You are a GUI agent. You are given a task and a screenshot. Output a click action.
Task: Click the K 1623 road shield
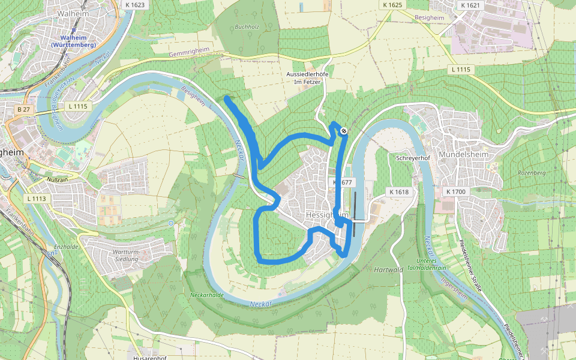click(x=136, y=4)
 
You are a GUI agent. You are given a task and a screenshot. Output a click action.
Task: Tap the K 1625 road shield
click(x=392, y=5)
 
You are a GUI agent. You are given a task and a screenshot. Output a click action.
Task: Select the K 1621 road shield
click(x=470, y=5)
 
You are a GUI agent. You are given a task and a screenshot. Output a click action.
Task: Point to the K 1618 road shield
click(x=398, y=192)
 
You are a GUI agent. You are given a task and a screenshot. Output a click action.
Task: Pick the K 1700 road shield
click(x=456, y=191)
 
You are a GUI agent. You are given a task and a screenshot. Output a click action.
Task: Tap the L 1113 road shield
click(x=36, y=198)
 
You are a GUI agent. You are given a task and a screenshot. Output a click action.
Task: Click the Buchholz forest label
click(x=246, y=27)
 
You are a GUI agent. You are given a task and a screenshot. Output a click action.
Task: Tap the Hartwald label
click(x=388, y=270)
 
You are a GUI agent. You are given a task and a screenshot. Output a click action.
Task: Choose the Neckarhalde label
click(x=206, y=295)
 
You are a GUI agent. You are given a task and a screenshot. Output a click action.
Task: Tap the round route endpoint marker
click(x=343, y=130)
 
